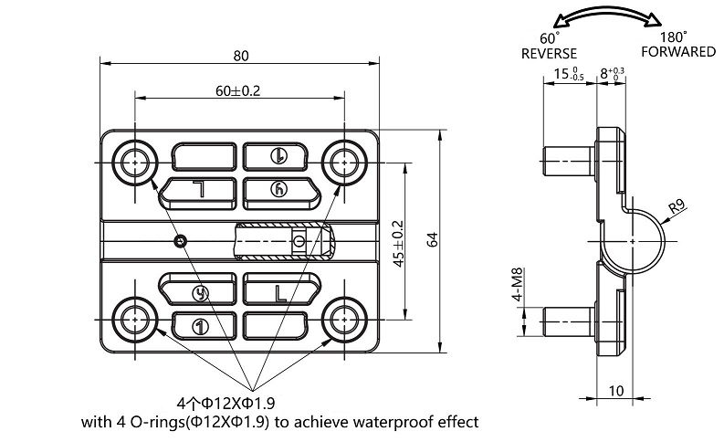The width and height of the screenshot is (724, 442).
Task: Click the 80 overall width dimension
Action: (240, 56)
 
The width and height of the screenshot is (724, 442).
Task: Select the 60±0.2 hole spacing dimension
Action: (238, 90)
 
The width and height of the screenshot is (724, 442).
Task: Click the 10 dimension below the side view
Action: (615, 391)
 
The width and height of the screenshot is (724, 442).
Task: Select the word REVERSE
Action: (549, 53)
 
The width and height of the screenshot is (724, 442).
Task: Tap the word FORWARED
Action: (677, 52)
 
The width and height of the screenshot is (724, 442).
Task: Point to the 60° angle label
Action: (549, 38)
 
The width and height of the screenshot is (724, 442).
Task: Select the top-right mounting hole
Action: (344, 163)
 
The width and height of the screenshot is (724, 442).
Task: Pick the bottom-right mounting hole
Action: (344, 318)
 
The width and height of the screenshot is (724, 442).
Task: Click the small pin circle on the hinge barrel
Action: (182, 240)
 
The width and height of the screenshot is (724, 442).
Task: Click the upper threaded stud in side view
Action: (566, 163)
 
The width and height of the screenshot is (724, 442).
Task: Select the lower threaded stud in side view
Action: (566, 321)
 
